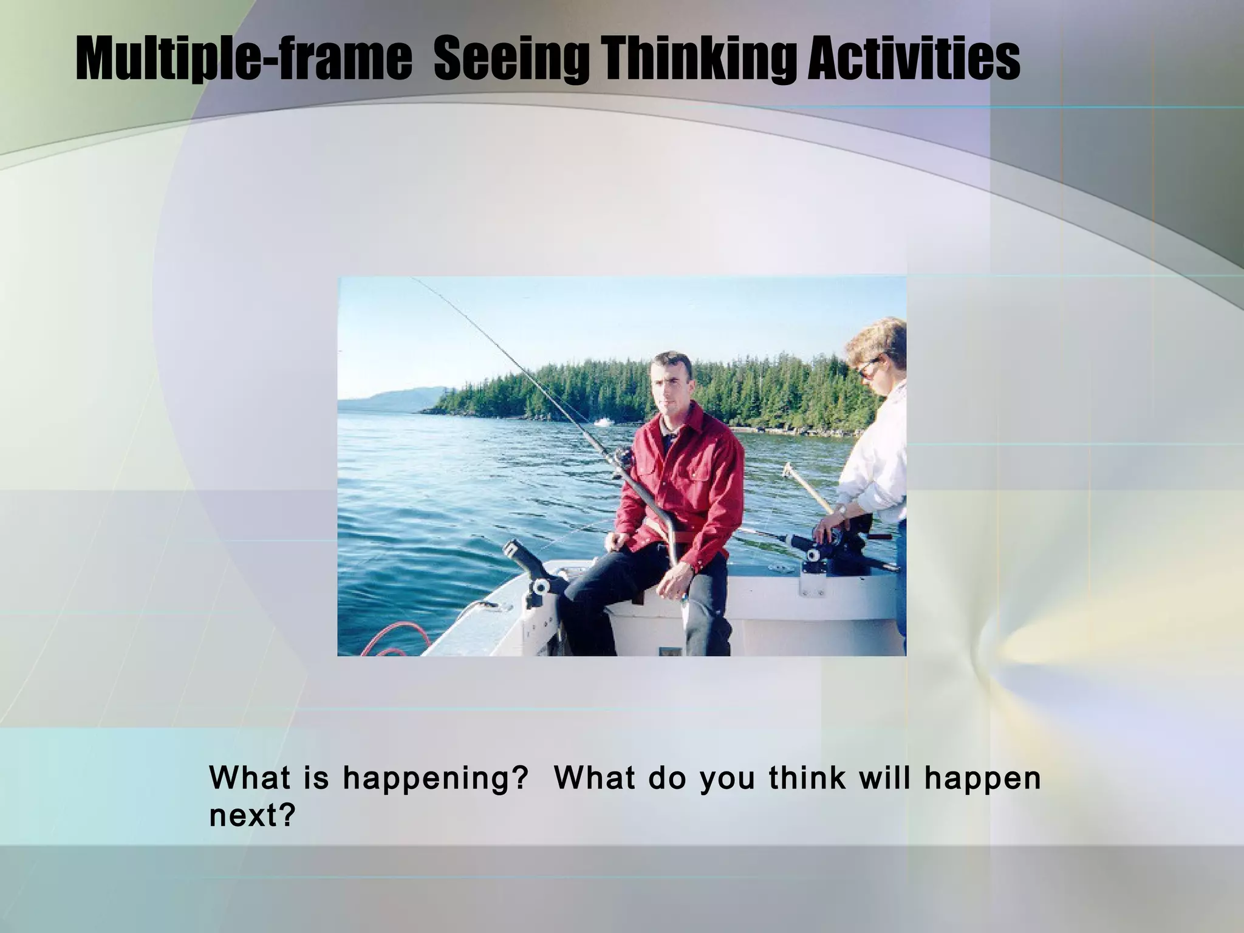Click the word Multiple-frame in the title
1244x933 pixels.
click(243, 60)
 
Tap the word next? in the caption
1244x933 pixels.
click(252, 815)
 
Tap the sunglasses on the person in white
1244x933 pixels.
click(869, 368)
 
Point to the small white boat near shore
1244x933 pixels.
click(601, 421)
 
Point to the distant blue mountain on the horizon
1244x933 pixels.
click(401, 398)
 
